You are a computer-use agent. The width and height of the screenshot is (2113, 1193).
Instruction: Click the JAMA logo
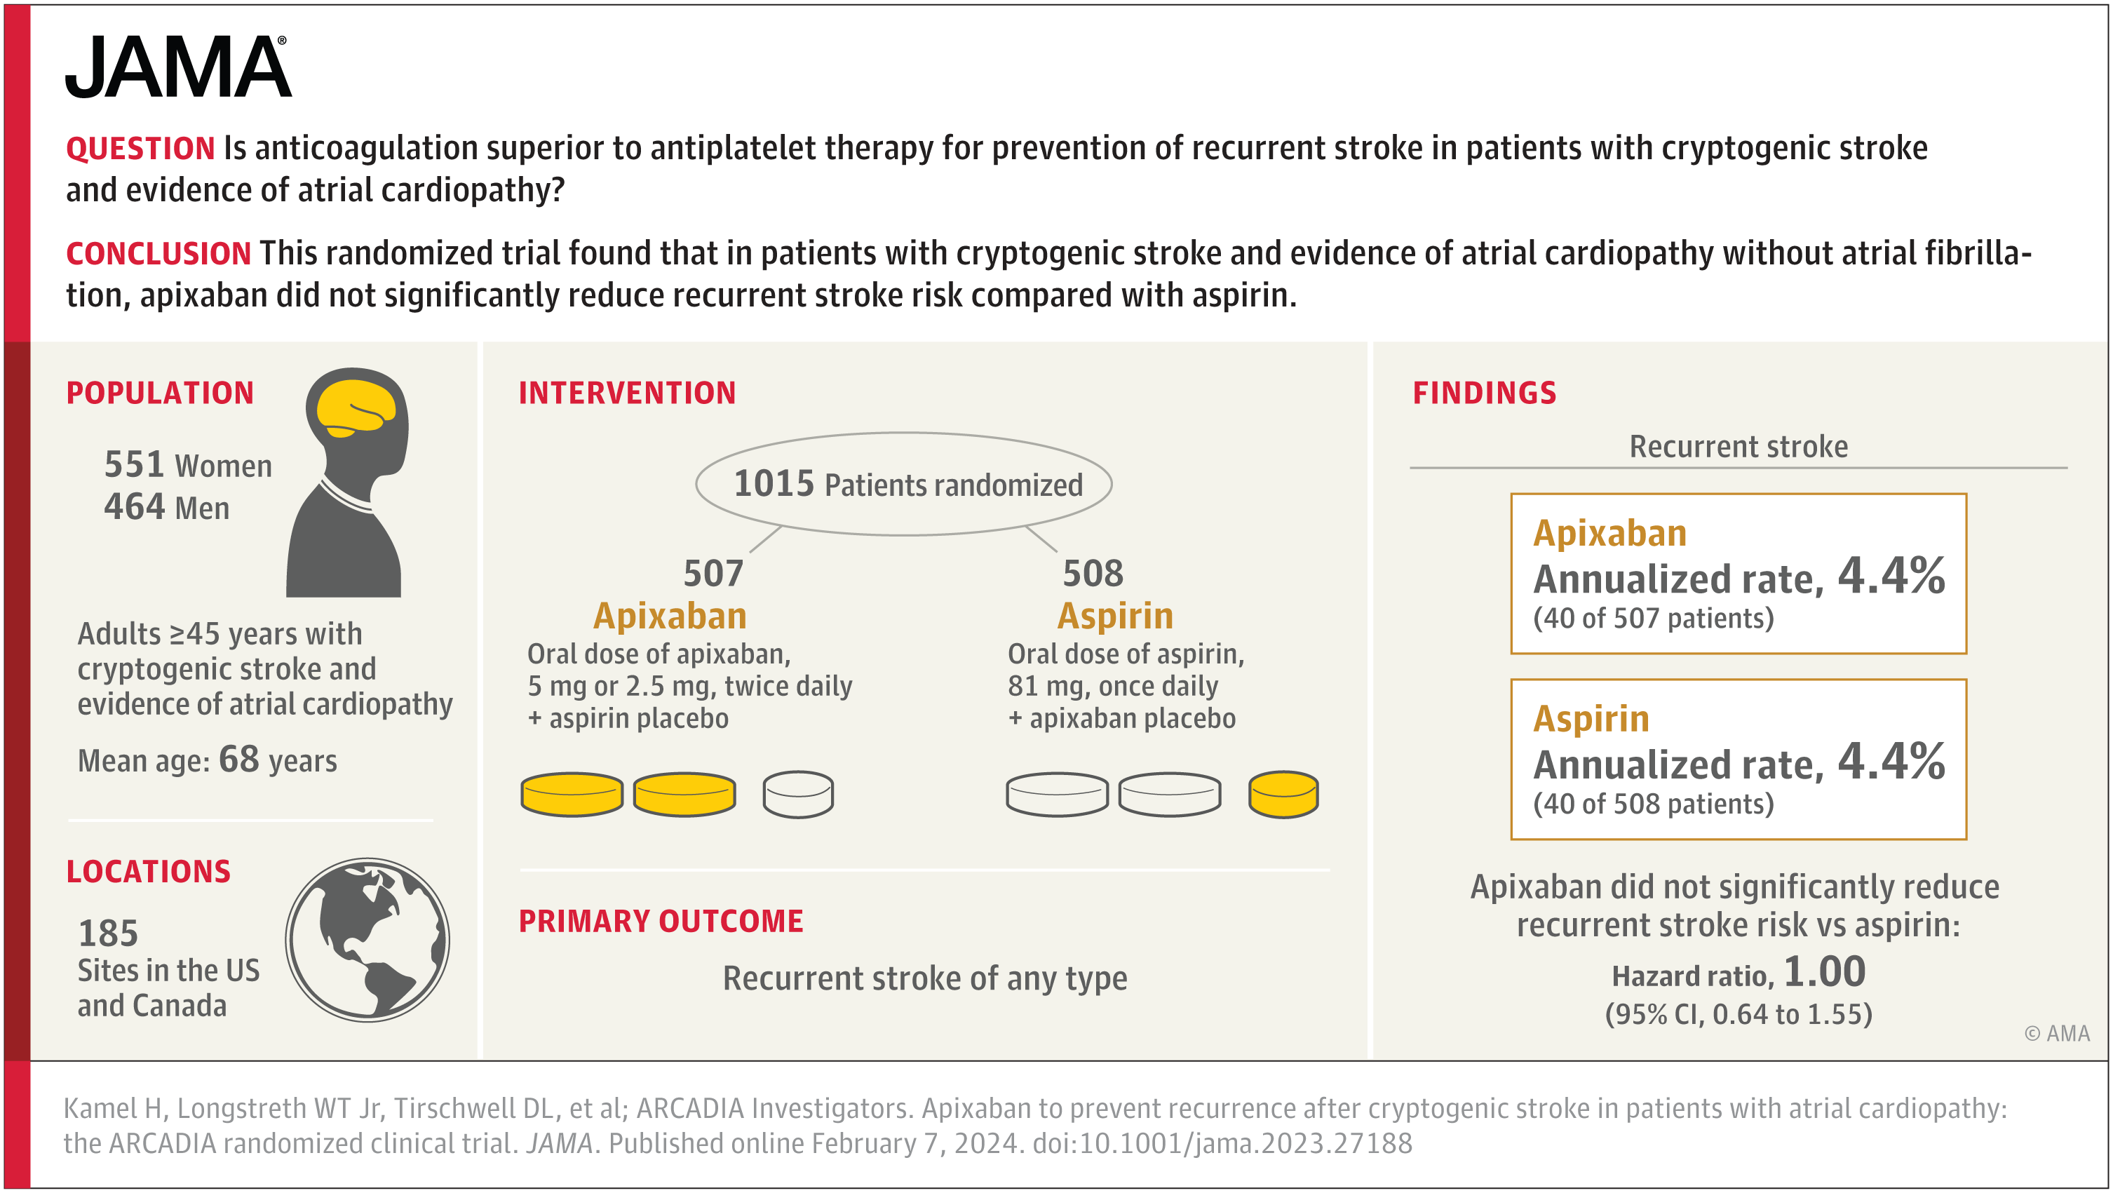point(177,67)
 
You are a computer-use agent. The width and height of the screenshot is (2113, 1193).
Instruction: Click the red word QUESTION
point(140,149)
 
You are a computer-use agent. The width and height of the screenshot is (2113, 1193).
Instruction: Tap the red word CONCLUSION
point(158,253)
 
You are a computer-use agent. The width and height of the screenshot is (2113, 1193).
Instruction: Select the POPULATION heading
point(160,393)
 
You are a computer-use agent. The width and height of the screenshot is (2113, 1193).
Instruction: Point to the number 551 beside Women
point(134,464)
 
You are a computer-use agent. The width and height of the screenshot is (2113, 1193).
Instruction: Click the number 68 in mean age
point(238,759)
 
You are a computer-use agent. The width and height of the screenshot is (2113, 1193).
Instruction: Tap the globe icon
point(367,940)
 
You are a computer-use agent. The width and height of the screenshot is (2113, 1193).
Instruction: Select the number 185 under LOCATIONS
point(107,933)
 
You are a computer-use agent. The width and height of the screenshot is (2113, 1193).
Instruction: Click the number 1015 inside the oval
point(773,483)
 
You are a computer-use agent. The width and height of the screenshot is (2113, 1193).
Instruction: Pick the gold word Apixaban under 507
point(669,615)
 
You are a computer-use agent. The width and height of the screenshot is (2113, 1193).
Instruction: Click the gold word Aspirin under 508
point(1115,615)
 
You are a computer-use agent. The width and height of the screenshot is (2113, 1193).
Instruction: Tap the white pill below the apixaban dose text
point(797,793)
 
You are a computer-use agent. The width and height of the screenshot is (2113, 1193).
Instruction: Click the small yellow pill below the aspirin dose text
point(1283,793)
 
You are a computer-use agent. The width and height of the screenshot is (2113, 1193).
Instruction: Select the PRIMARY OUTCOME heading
point(661,921)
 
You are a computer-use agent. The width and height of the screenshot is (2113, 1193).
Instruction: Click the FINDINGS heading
point(1484,393)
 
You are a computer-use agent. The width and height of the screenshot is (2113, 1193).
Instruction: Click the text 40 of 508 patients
point(1653,803)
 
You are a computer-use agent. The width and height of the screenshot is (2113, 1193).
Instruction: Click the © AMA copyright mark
point(2056,1033)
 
